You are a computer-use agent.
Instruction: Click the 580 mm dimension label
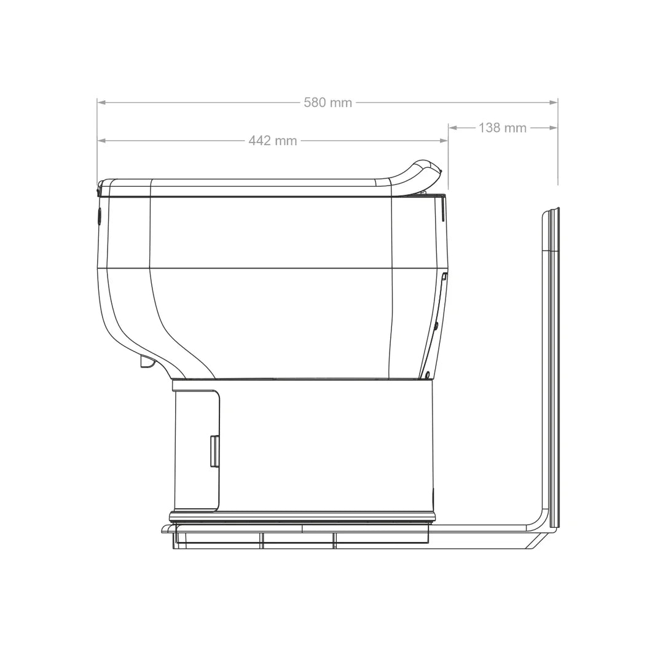[327, 103]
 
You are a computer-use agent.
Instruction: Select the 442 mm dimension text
[273, 141]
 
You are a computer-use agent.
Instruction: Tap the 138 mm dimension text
[502, 128]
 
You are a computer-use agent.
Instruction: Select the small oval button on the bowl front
[100, 216]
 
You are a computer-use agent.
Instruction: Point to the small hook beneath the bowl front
[147, 362]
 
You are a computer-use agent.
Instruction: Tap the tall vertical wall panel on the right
[550, 369]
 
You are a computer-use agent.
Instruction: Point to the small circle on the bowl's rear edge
[436, 325]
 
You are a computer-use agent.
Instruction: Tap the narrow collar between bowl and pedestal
[301, 383]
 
